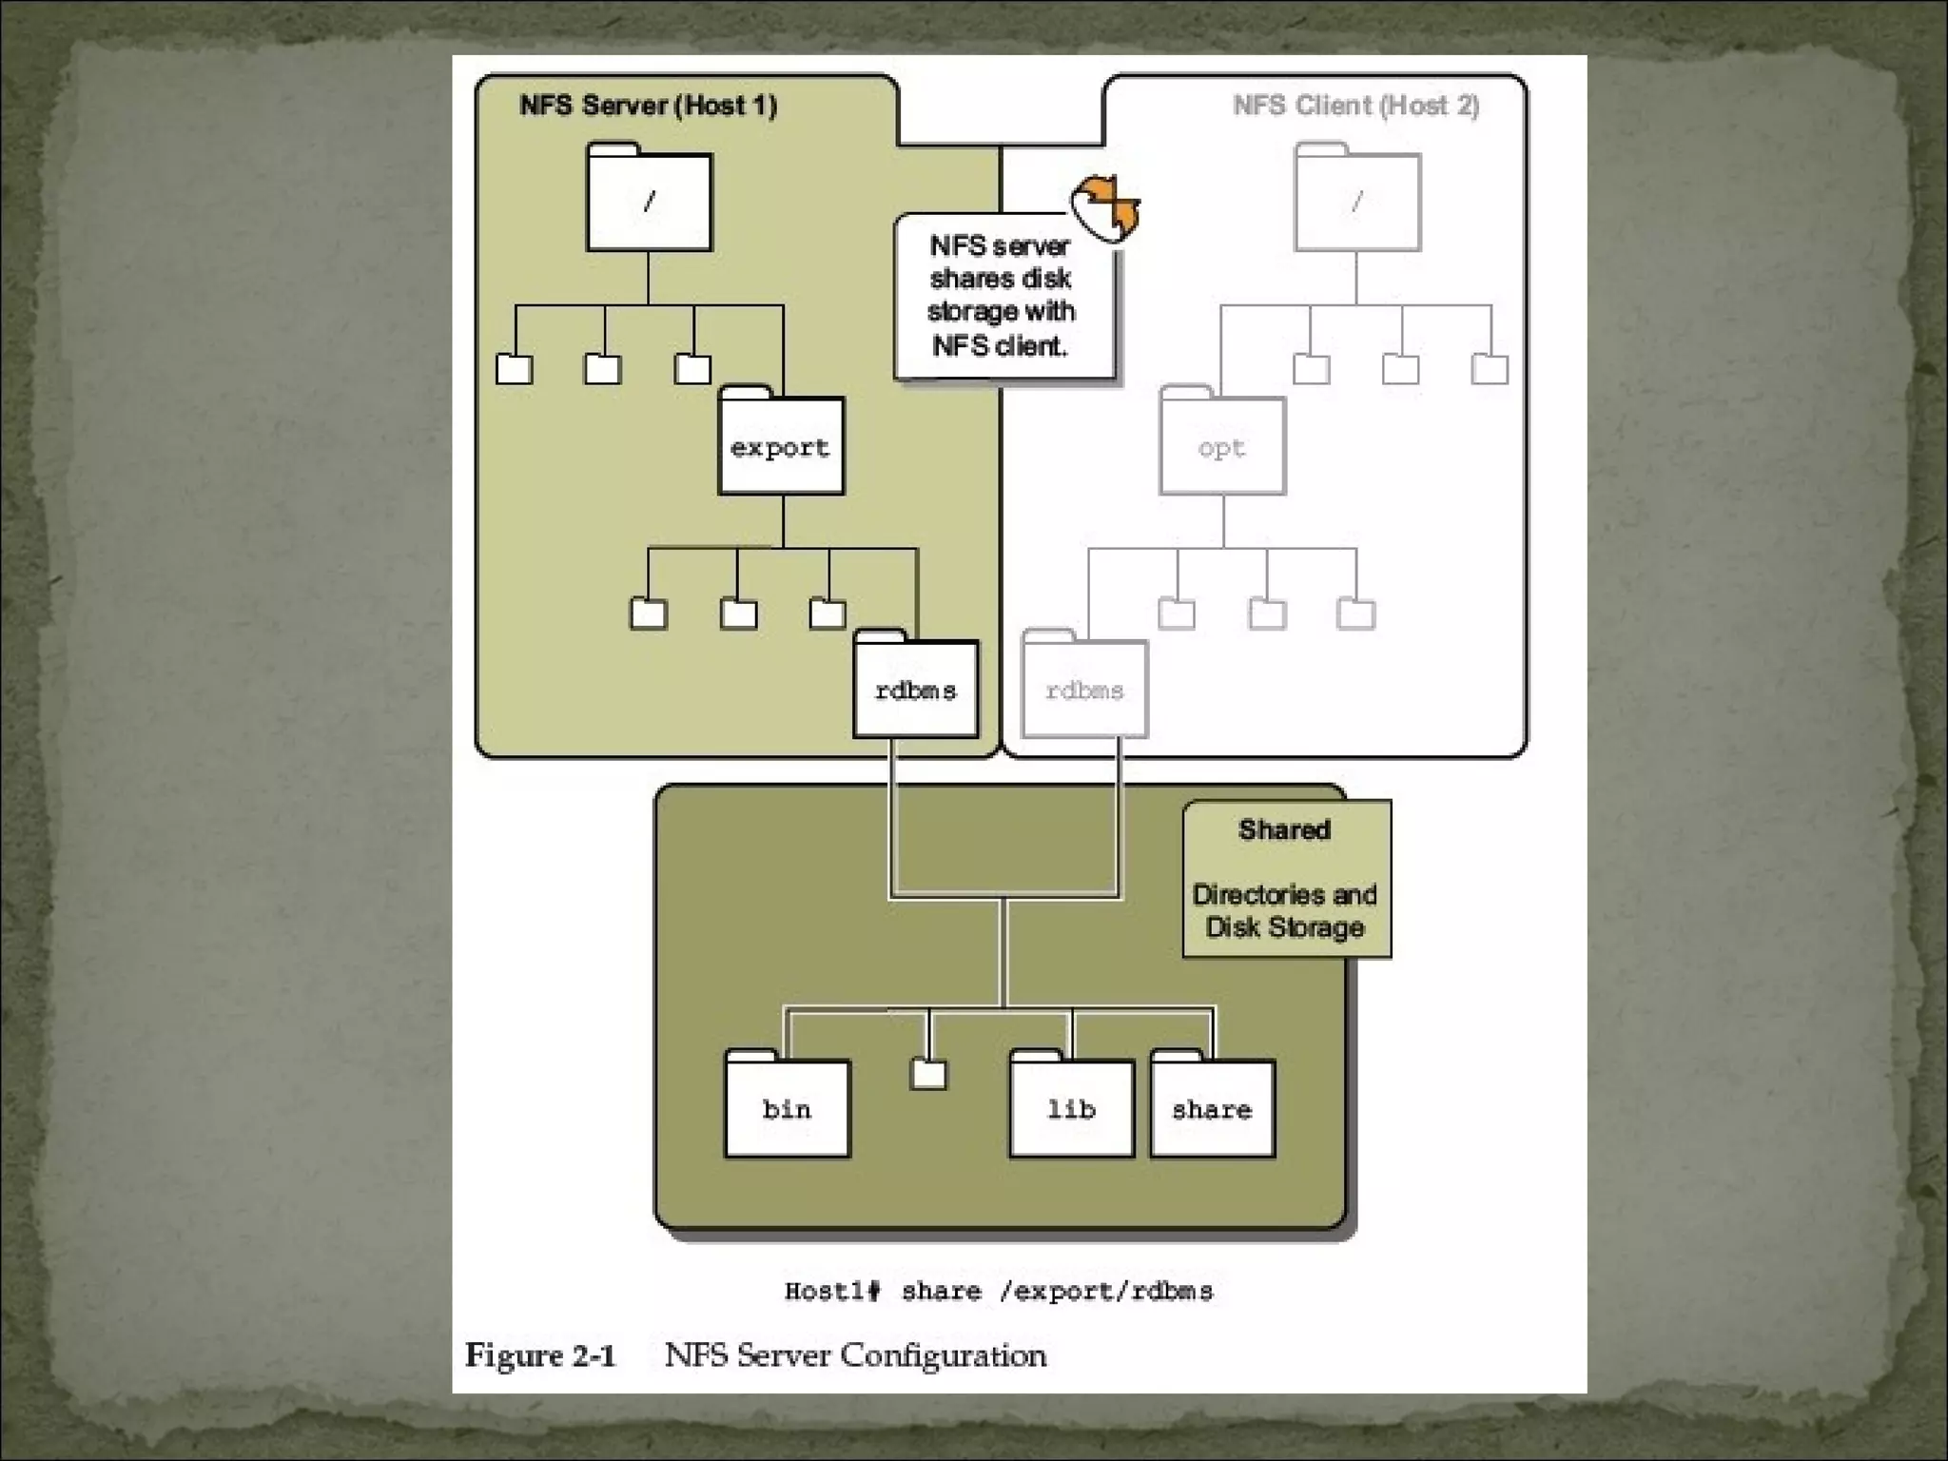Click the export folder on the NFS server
781,446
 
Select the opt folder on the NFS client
1222,446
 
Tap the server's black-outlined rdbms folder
915,690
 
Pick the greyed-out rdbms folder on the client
1084,690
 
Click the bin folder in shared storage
787,1108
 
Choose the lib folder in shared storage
1071,1108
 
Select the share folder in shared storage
1212,1108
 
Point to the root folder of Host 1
650,201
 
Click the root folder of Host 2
1357,201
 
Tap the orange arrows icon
1105,205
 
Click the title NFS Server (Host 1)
648,105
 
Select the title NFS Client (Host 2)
1355,105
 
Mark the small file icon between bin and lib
928,1075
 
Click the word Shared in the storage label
1284,829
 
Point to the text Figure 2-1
539,1354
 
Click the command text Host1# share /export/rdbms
999,1291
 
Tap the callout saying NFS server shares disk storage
1001,295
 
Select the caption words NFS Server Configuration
855,1354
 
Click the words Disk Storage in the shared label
1284,926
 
